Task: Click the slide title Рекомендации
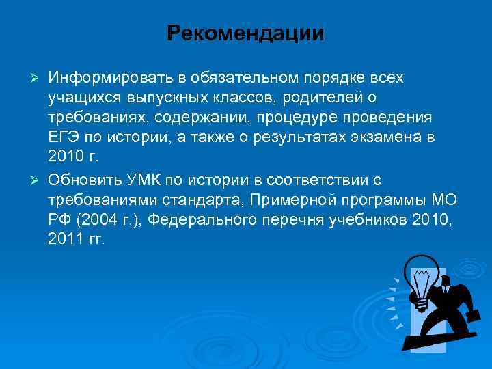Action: (245, 33)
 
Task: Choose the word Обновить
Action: (82, 180)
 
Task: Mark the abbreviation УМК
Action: (142, 180)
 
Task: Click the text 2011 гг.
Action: (77, 238)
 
